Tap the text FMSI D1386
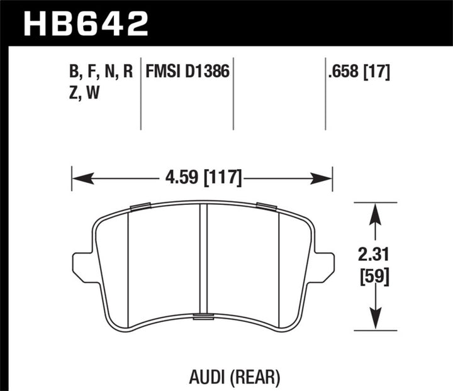[x=187, y=73]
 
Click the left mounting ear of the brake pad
[x=82, y=265]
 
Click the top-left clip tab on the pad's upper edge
[x=140, y=206]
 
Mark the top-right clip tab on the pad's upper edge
[x=267, y=206]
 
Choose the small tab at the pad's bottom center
[x=203, y=316]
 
